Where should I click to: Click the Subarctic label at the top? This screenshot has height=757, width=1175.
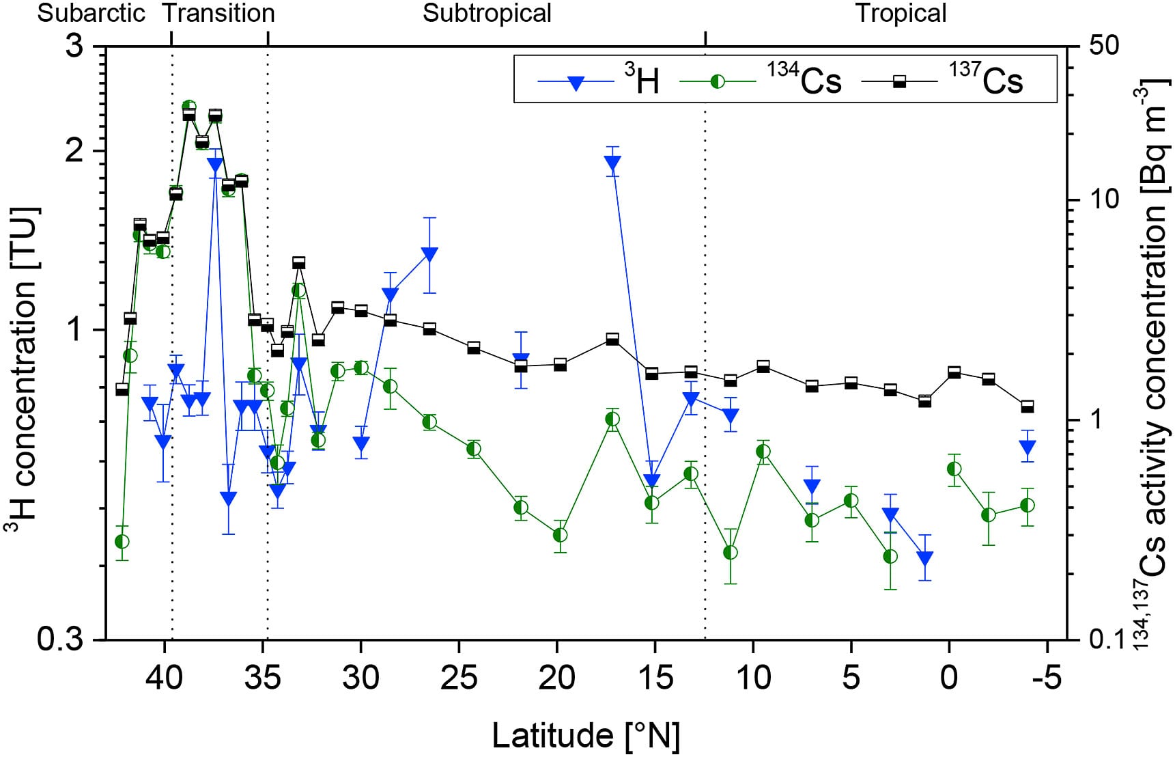coord(91,13)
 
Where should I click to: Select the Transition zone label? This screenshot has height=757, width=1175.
coord(219,13)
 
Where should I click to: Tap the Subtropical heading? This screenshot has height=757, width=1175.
coord(487,13)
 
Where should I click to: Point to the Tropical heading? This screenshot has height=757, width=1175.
coord(901,13)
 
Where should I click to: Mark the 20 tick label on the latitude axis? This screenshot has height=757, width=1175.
coord(557,678)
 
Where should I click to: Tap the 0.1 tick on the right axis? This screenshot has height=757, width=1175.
coord(1100,640)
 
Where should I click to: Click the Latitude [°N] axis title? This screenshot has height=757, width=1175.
coord(586,735)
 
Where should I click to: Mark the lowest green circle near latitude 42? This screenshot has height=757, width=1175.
coord(122,542)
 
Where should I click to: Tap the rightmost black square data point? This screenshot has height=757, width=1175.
coord(1027,407)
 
